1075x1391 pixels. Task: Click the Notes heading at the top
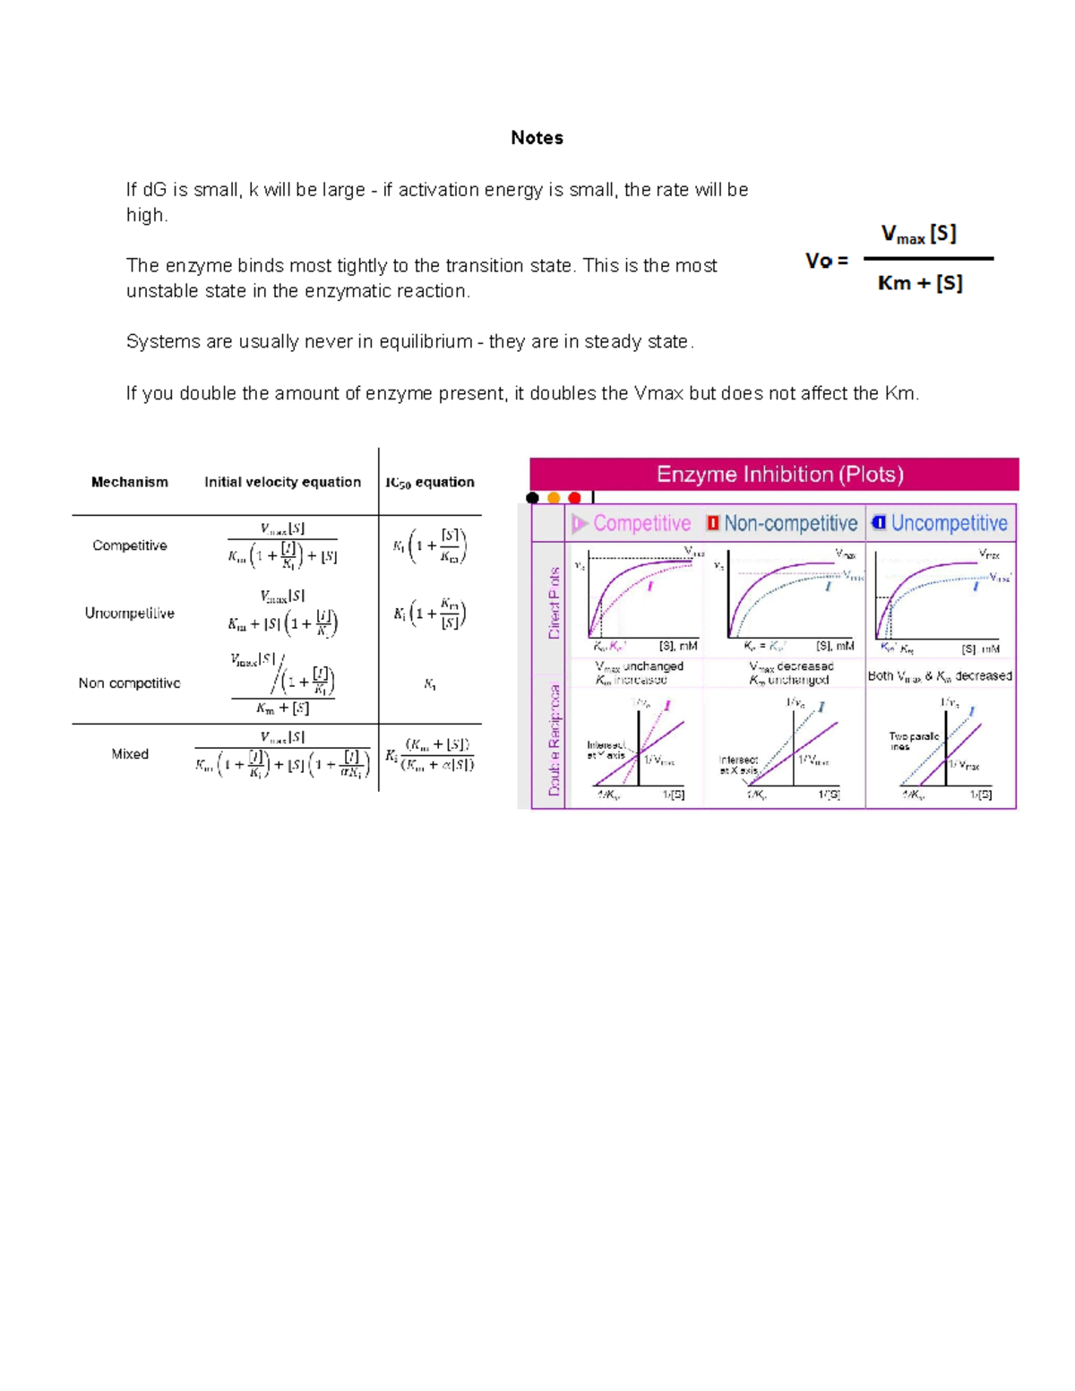pos(537,138)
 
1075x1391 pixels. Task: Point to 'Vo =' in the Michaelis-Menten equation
pos(826,261)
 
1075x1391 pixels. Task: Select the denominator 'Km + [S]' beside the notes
pos(920,284)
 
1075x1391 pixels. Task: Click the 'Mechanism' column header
pos(130,482)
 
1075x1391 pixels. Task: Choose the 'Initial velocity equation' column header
pos(282,482)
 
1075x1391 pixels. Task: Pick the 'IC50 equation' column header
pos(430,482)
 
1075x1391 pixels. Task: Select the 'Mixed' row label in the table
pos(130,754)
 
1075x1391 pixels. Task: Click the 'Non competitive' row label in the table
pos(130,683)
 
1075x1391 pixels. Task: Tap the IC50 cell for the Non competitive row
pos(430,684)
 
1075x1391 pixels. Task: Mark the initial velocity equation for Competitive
pos(282,545)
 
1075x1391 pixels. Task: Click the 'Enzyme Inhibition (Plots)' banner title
pos(779,474)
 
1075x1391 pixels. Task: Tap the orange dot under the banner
pos(554,498)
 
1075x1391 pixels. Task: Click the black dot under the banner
pos(533,498)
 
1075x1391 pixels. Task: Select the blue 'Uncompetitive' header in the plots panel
pos(948,523)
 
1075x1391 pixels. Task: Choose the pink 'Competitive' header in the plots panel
pos(641,523)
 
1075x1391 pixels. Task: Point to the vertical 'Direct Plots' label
pos(555,603)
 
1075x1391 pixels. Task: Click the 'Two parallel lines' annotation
pos(913,741)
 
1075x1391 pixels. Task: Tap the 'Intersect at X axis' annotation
pos(738,764)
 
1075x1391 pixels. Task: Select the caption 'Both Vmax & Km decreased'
pos(940,676)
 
